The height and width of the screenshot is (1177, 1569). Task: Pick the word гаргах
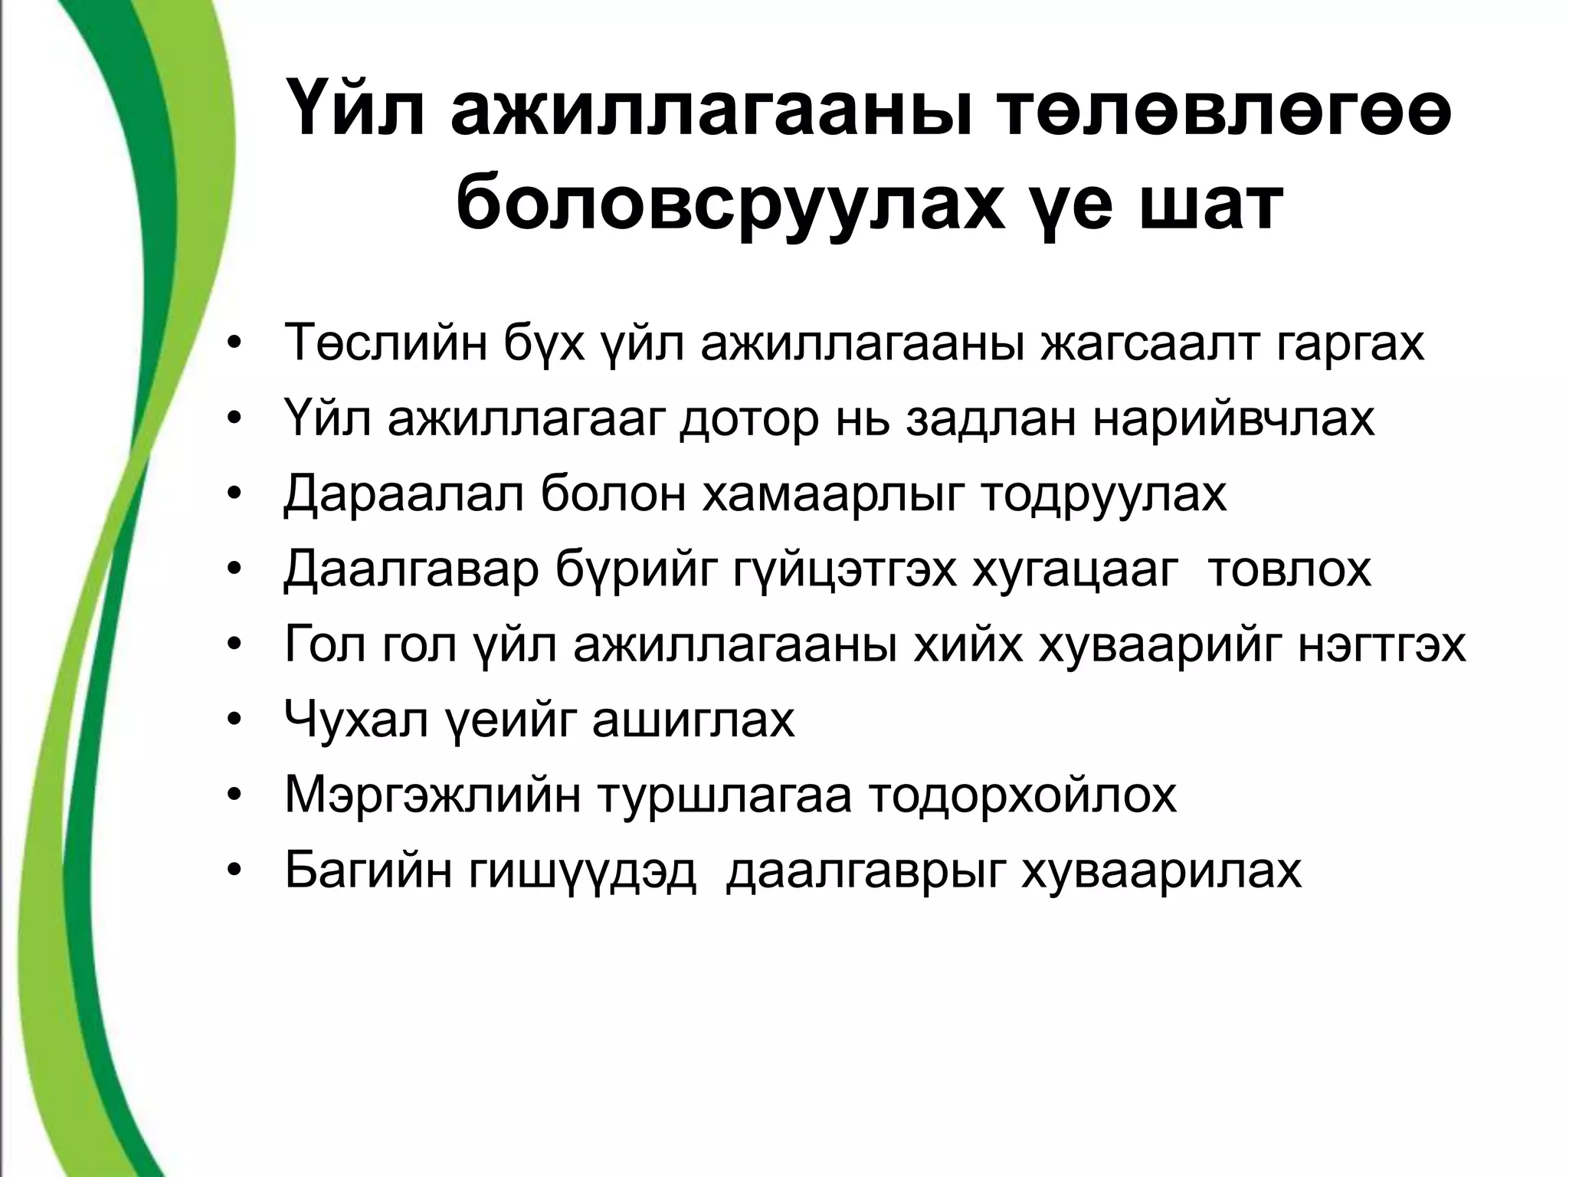point(1351,344)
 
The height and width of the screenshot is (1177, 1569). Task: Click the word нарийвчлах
point(1234,419)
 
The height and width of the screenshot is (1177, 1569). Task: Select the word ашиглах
point(693,720)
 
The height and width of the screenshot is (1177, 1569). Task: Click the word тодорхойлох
point(1023,795)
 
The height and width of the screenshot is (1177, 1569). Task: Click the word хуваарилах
point(1161,870)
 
